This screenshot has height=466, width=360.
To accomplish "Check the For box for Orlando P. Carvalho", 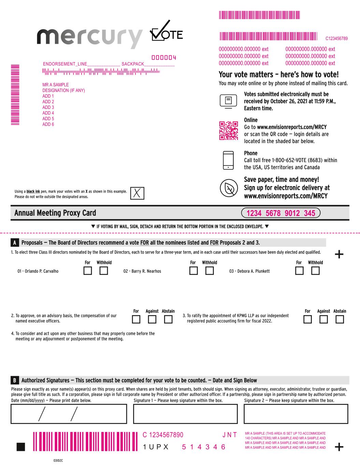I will [x=88, y=271].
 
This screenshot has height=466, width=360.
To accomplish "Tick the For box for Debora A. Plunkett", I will [x=299, y=271].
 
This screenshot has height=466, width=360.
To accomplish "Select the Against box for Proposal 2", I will [x=152, y=320].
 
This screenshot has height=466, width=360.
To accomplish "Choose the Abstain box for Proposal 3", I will [x=340, y=320].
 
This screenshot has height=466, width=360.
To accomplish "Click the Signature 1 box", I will [x=185, y=414].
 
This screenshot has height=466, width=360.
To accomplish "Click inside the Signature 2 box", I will [x=296, y=414].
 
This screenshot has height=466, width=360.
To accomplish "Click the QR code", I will [x=228, y=130].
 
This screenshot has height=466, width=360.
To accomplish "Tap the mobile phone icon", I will [x=228, y=160].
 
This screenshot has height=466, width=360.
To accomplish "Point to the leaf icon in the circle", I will [x=228, y=188].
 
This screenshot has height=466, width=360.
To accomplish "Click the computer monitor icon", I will [x=228, y=101].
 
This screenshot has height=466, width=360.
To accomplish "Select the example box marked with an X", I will [x=137, y=193].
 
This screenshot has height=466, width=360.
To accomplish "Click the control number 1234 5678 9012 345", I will [x=280, y=213].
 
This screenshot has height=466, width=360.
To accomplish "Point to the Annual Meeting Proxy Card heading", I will [x=55, y=213].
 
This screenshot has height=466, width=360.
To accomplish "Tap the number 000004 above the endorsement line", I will [x=164, y=58].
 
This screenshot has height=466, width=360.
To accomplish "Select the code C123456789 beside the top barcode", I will [x=336, y=39].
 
